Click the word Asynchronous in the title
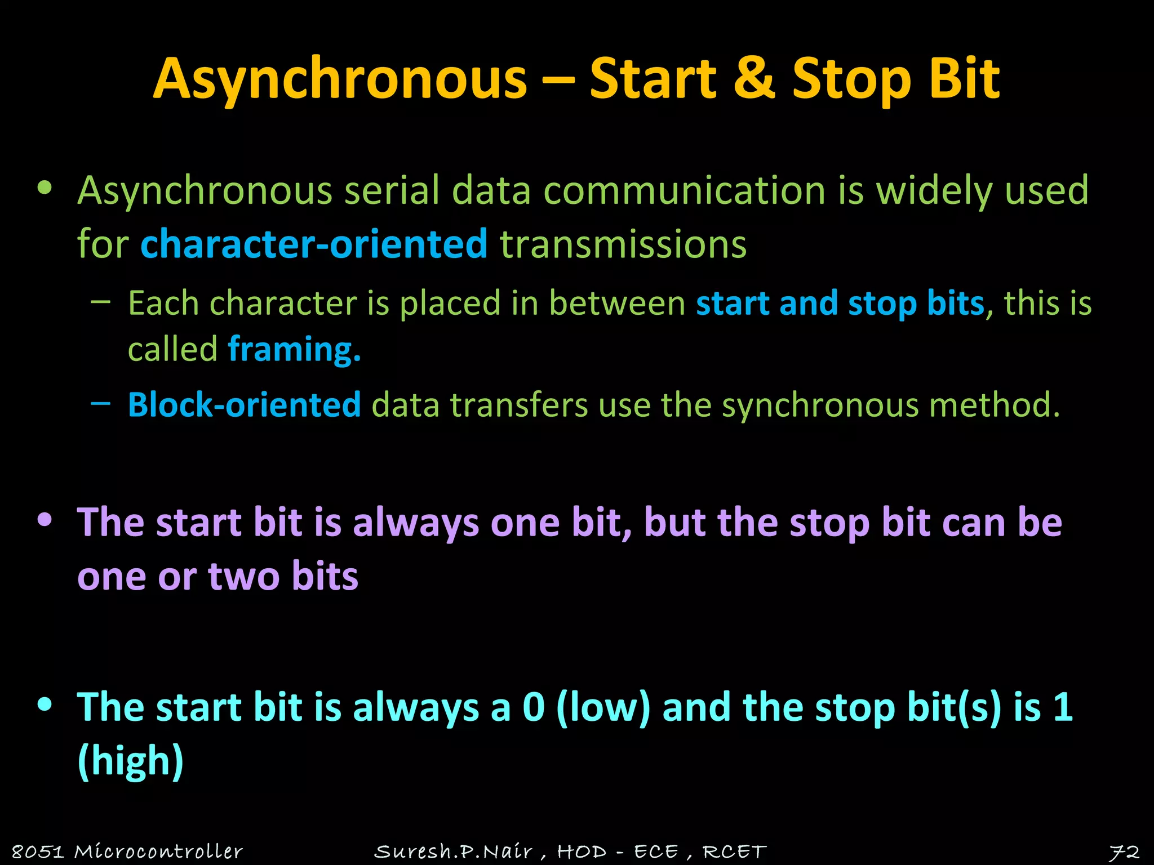(x=340, y=79)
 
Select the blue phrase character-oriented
(x=314, y=244)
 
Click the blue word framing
(x=294, y=349)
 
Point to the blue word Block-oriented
(x=244, y=404)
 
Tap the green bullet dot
(x=45, y=188)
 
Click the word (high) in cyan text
(x=131, y=761)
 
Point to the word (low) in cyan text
(x=602, y=707)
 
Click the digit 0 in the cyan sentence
(x=533, y=707)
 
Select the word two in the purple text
(x=243, y=577)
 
